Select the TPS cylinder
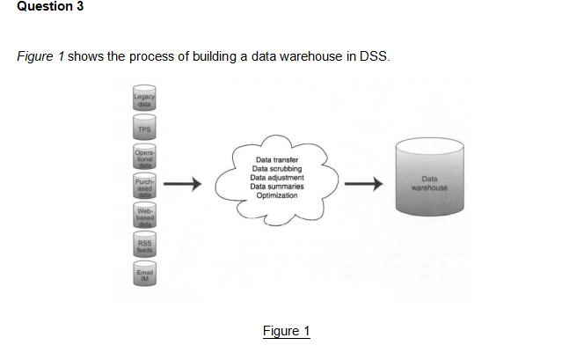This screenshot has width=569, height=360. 144,129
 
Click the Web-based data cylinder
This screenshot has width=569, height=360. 144,217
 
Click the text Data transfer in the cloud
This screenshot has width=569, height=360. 277,159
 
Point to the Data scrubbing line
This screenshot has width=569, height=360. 277,168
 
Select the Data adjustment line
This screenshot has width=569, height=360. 277,177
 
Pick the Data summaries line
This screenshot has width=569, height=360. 277,186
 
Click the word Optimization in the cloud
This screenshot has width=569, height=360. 277,195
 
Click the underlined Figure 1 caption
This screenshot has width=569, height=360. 286,331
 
